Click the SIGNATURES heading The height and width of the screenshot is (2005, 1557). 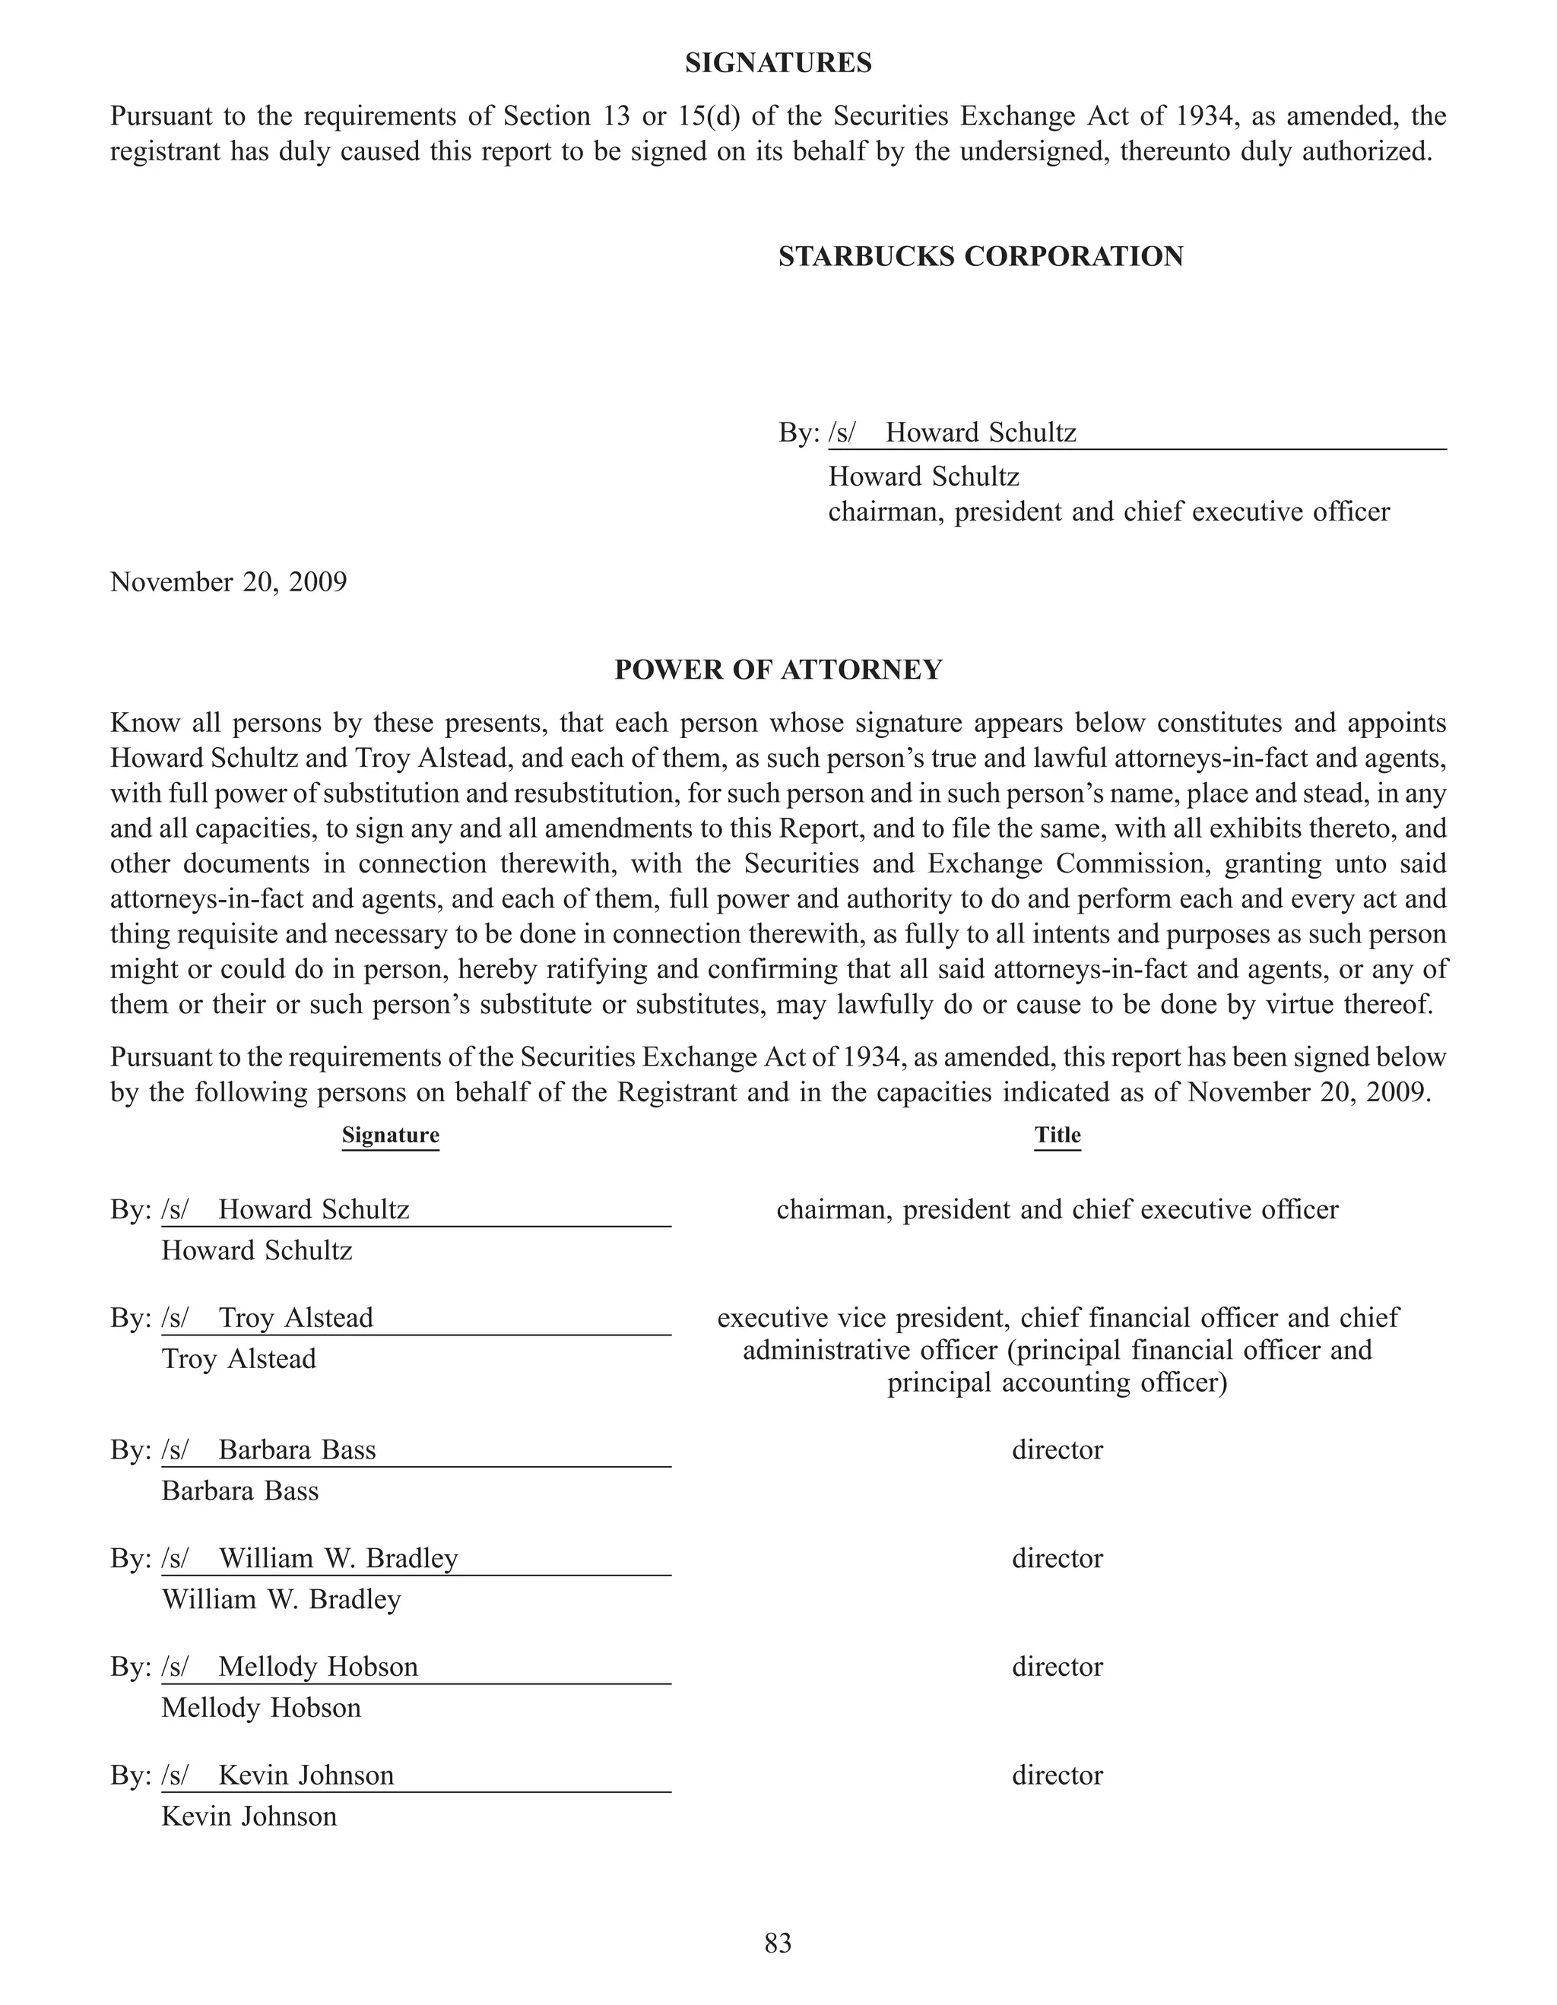[778, 63]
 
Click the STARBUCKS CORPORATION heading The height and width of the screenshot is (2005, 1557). [981, 256]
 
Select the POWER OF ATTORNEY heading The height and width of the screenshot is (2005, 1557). [778, 670]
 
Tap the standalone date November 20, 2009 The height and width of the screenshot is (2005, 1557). [229, 582]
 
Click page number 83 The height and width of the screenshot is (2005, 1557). [778, 1943]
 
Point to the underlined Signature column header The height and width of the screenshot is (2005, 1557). [390, 1136]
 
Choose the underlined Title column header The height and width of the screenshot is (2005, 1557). [1058, 1136]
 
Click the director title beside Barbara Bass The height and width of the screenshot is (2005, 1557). [1058, 1450]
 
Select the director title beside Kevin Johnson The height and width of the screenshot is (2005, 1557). [1058, 1775]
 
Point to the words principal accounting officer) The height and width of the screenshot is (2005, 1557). [1058, 1383]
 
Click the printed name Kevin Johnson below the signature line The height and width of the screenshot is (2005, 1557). [249, 1816]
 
